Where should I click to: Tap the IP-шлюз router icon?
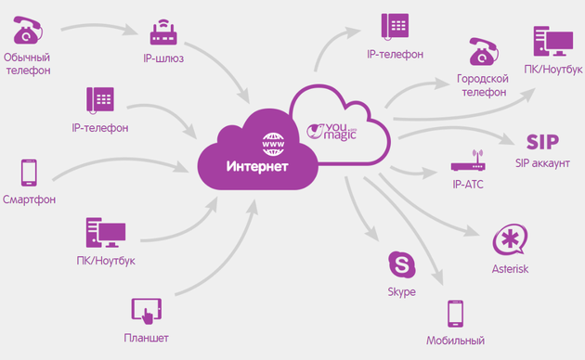(164, 34)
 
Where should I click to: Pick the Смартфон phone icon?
(28, 173)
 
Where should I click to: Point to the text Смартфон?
(28, 200)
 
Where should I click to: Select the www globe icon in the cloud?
(275, 145)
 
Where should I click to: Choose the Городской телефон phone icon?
(483, 56)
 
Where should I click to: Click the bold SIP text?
(541, 142)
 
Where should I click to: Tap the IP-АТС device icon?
(466, 165)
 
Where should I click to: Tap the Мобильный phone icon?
(455, 315)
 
